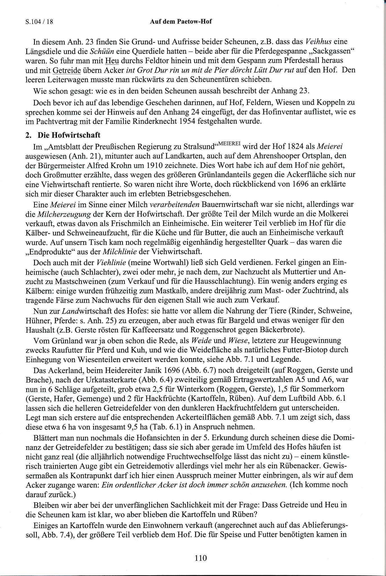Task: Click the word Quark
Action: coord(277,242)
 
